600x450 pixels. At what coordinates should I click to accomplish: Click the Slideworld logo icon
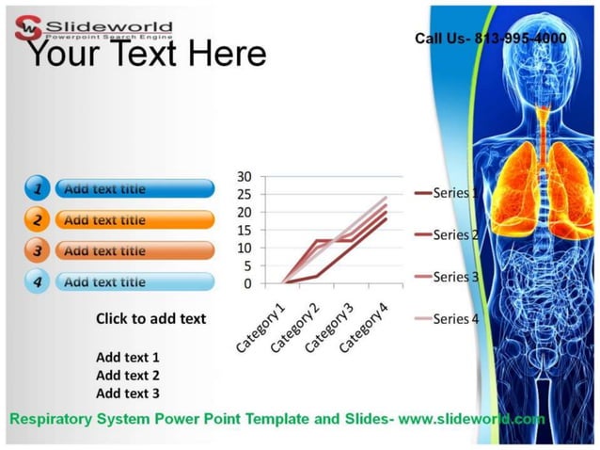point(29,25)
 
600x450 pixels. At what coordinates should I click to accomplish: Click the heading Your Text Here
point(145,55)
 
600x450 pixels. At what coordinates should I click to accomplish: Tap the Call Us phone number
point(490,39)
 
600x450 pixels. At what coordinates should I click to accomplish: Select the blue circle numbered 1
point(37,189)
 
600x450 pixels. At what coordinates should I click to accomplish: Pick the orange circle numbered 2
point(37,220)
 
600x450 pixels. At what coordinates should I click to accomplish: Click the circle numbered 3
point(37,251)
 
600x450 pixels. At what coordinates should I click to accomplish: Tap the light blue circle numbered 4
point(37,281)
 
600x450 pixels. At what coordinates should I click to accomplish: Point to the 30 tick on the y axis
point(245,176)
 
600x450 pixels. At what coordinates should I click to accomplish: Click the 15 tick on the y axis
point(245,230)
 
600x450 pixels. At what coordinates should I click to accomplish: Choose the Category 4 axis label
point(364,328)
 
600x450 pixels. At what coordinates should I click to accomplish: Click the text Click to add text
point(150,318)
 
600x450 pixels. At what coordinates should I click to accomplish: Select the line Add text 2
point(128,376)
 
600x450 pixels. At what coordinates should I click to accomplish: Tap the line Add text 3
point(128,394)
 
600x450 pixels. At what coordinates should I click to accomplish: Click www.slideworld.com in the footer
point(471,419)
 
